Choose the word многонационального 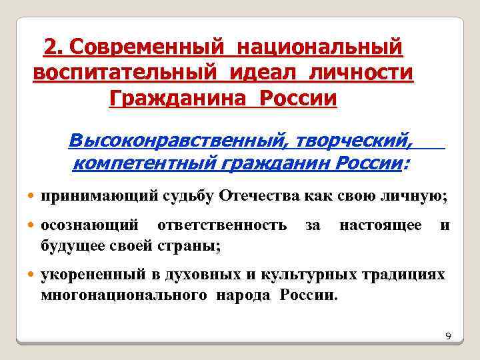[123, 294]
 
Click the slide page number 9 [448, 336]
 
